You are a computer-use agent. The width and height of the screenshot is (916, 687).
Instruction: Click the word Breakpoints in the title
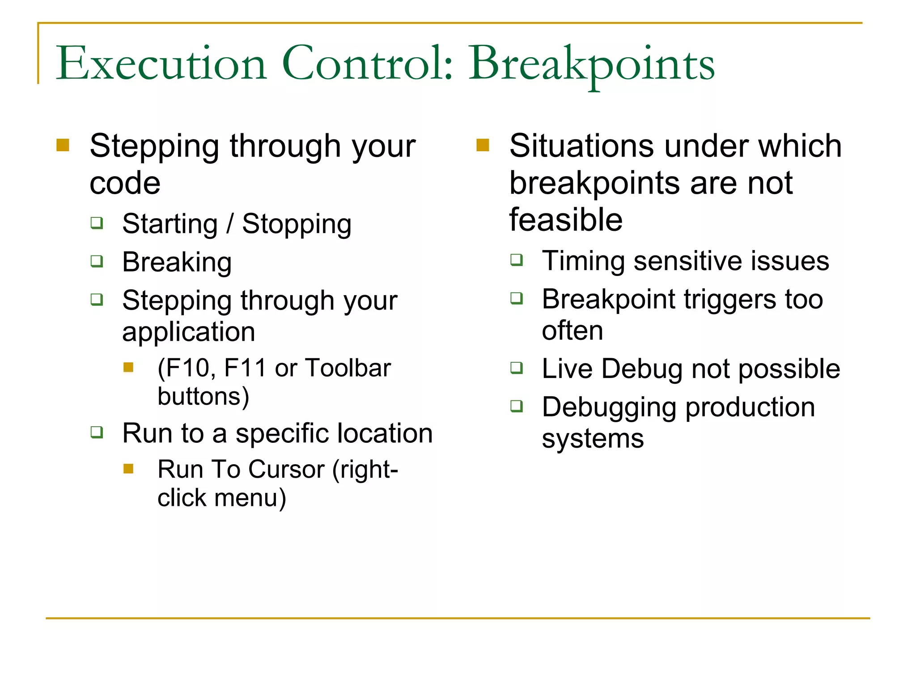coord(591,64)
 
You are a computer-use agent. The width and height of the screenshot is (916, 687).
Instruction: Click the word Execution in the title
coord(161,64)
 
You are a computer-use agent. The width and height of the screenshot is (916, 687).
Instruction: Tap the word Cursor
coord(286,470)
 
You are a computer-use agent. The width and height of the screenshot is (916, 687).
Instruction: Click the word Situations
coord(581,146)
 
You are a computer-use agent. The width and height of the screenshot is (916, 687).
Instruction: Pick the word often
coord(572,331)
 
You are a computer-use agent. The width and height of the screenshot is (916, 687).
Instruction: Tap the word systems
coord(593,439)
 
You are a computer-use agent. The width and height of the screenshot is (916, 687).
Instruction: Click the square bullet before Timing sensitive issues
coord(517,259)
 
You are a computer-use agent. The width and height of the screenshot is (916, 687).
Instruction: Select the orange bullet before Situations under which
coord(483,145)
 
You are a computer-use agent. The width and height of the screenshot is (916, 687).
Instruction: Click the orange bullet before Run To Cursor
coord(129,468)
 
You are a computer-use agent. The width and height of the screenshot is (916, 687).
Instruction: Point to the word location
coord(385,433)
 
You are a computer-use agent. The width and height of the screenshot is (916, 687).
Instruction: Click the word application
coord(188,332)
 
